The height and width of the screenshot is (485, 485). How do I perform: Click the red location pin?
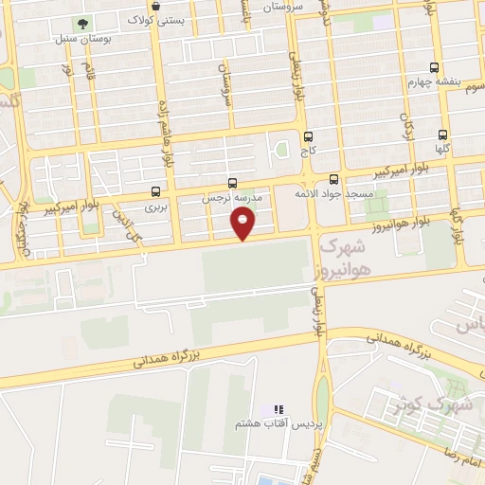244,223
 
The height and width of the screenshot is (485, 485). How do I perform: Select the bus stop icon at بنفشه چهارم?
434,67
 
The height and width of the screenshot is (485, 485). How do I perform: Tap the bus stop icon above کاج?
308,135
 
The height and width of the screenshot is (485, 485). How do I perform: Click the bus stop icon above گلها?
442,135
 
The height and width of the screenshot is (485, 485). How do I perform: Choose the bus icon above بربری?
155,191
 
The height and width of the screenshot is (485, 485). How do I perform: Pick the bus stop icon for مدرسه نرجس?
233,183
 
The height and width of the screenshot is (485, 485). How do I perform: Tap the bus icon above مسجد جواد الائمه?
333,179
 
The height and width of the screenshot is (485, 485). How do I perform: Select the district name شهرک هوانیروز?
344,257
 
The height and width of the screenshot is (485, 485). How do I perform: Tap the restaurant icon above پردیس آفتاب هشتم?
278,409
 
